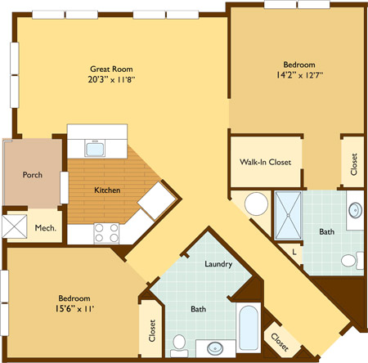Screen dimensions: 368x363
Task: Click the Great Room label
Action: click(111, 69)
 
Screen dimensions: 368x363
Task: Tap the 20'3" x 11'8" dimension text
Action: click(111, 79)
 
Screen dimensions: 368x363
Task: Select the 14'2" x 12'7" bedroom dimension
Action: click(299, 75)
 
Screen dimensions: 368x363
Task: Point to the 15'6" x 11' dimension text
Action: click(74, 309)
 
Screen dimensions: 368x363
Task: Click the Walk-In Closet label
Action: click(265, 162)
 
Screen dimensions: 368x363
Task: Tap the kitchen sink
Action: click(95, 149)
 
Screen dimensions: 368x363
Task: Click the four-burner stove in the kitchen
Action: click(106, 233)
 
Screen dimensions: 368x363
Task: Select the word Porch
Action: click(33, 175)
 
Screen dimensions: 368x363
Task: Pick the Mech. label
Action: click(46, 228)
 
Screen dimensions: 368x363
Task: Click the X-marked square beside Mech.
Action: click(15, 226)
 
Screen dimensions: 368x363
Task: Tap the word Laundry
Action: click(218, 264)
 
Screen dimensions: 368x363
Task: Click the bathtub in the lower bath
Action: click(249, 328)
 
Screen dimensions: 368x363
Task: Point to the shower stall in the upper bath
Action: click(289, 215)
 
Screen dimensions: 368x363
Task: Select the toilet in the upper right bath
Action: click(352, 261)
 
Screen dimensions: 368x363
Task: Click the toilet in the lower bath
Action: click(179, 346)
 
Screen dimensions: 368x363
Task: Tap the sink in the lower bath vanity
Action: click(215, 348)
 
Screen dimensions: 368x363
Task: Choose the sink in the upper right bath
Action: click(356, 210)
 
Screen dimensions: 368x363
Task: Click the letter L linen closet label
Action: click(294, 253)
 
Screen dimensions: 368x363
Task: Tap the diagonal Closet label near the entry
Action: click(280, 342)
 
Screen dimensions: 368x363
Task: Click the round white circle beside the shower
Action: click(256, 204)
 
